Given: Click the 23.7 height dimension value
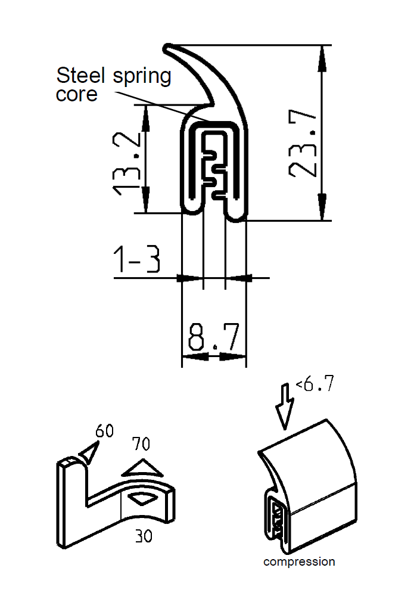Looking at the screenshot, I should point(303,143).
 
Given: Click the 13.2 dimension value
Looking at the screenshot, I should point(127,165).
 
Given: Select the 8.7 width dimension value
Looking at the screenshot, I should point(213,337).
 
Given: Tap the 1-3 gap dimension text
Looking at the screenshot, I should point(137,260).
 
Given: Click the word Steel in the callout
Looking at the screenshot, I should point(80,76).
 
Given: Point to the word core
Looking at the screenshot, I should point(76,95).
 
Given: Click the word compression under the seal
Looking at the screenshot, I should point(299,562).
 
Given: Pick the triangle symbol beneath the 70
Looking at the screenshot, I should point(143,468).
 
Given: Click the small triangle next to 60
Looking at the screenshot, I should point(87,454).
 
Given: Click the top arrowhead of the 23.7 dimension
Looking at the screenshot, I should point(322,54).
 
